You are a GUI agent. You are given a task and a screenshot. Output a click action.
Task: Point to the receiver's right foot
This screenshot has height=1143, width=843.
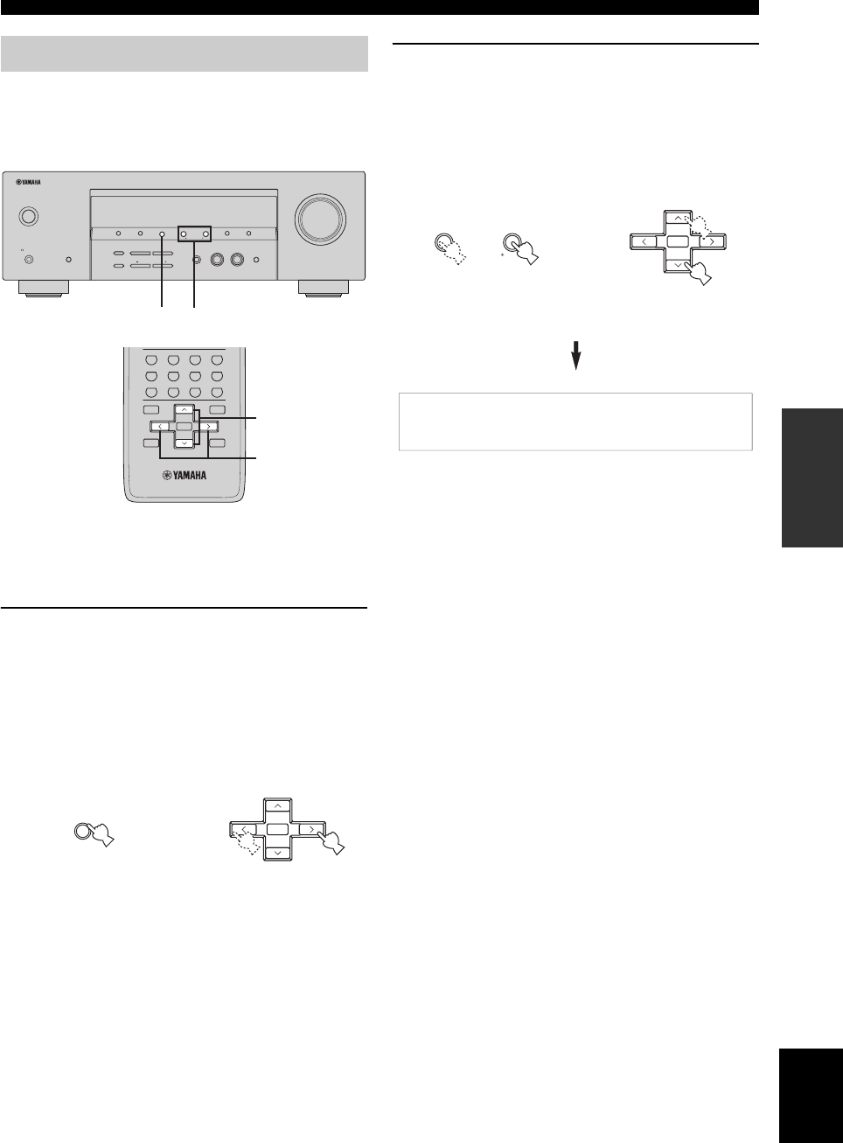tap(323, 288)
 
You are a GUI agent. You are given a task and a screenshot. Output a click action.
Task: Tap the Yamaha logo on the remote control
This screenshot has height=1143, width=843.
tap(184, 476)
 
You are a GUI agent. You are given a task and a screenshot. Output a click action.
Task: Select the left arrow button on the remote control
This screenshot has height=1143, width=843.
tap(162, 427)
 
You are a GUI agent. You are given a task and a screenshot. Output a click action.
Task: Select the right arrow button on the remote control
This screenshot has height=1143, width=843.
tap(206, 427)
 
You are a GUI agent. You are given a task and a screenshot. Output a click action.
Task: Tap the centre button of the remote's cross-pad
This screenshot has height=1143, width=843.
tap(184, 427)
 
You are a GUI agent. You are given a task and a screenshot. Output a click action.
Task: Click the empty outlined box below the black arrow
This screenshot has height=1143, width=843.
tap(575, 422)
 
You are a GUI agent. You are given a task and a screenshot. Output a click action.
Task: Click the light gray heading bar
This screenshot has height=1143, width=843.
tap(184, 53)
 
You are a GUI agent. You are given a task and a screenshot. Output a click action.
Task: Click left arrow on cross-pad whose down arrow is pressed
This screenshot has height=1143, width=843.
tap(643, 240)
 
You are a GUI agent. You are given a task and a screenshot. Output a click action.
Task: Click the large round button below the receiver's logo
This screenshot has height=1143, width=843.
tap(28, 216)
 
